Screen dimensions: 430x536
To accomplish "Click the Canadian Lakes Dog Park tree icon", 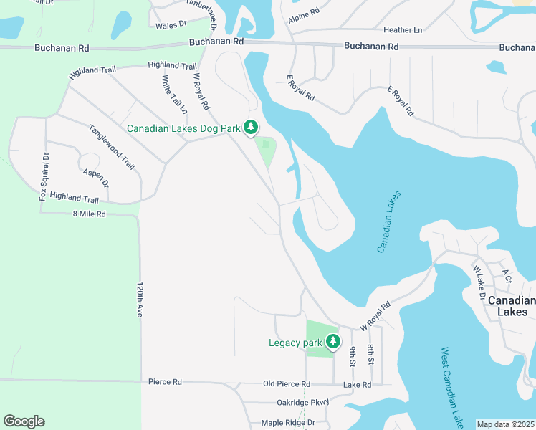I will (x=250, y=128).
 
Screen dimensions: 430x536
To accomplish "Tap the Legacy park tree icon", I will (x=332, y=343).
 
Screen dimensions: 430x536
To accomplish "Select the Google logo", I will (x=24, y=421).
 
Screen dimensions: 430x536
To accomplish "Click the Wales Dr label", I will (x=171, y=24).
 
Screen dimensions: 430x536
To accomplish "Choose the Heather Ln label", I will (x=403, y=30).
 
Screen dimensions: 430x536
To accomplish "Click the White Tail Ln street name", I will (x=174, y=95).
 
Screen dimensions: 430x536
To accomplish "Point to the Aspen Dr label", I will (x=95, y=178).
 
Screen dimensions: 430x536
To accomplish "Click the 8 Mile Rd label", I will (x=89, y=214).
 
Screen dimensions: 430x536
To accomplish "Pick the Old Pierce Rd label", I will (x=289, y=384).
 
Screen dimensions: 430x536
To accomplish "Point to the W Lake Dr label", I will (x=479, y=282).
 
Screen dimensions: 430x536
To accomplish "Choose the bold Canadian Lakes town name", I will (x=512, y=306).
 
